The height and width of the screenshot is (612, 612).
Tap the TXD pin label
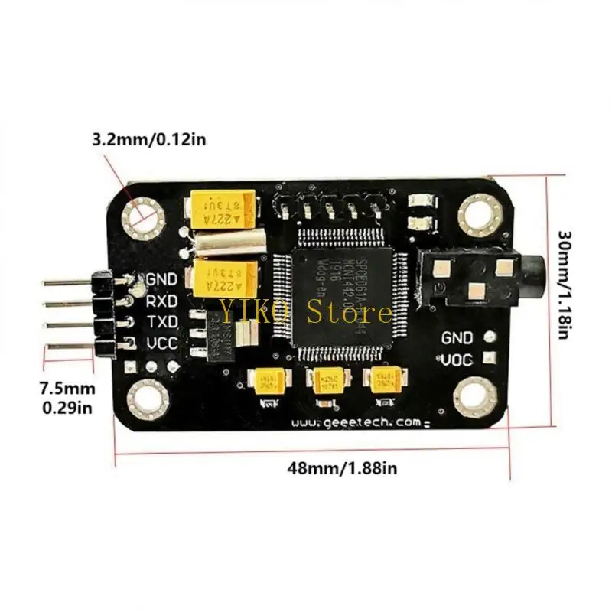tap(162, 321)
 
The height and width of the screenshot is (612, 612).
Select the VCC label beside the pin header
tap(162, 343)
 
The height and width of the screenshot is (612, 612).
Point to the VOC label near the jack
tap(457, 358)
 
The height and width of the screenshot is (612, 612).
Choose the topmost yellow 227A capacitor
tap(224, 208)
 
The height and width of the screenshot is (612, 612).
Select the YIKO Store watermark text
tap(307, 311)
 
